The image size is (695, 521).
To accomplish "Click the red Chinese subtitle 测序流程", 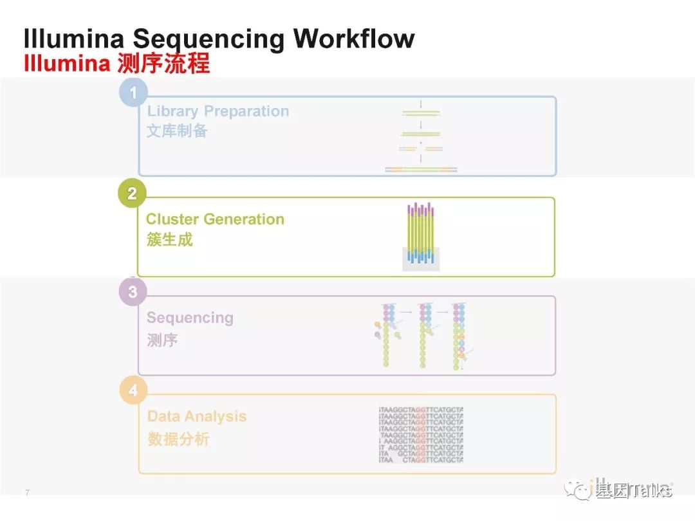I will [163, 64].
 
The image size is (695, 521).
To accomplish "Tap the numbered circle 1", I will [133, 93].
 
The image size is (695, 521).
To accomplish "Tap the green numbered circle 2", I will [132, 194].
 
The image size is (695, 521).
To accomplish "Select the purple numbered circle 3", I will [133, 292].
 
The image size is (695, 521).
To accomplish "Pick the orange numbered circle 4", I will [133, 390].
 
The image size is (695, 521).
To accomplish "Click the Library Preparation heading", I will [218, 111].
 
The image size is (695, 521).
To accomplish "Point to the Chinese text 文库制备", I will [177, 131].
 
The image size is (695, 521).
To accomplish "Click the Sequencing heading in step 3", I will [190, 318].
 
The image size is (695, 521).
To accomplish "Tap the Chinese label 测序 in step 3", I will [162, 340].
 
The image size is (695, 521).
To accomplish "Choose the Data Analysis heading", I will [197, 416].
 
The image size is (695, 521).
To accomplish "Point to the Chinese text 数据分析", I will [178, 439].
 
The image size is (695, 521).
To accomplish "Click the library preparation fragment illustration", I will [421, 138].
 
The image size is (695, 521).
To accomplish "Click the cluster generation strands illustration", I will [421, 236].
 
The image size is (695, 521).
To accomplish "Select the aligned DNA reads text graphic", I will [421, 435].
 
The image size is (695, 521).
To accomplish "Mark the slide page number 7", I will [27, 493].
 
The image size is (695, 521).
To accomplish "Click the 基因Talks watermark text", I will [634, 491].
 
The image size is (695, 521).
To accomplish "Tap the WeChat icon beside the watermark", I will [578, 491].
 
